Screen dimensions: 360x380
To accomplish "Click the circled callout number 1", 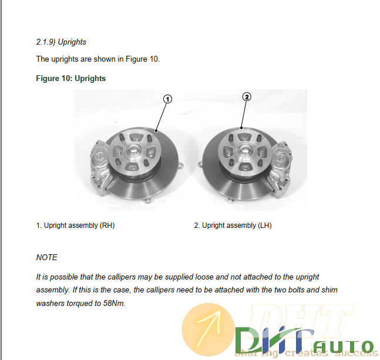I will pos(167,100).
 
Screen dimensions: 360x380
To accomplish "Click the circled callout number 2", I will pos(247,97).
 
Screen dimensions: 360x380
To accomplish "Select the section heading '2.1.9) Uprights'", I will pos(61,42).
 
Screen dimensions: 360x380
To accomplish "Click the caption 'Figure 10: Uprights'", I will pos(70,78).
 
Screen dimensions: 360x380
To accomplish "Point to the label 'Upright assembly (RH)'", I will pos(79,226).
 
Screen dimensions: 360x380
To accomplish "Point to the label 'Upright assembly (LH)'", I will pos(237,226).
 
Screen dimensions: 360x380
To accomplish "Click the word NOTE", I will pos(47,257).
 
